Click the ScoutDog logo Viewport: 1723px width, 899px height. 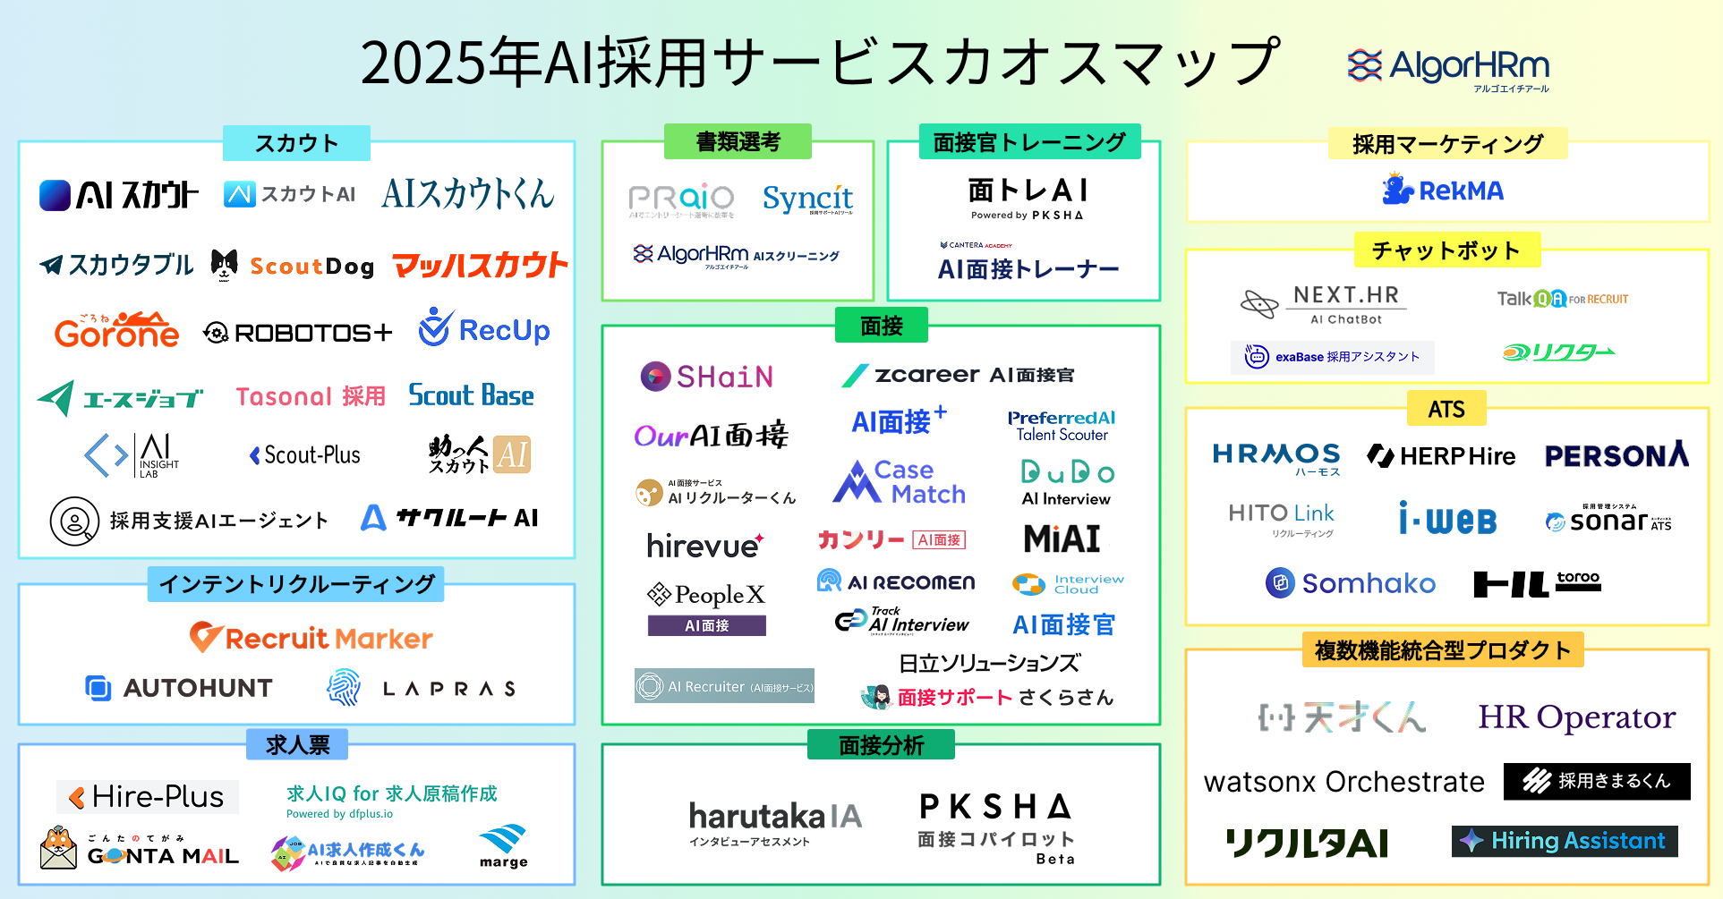click(x=294, y=266)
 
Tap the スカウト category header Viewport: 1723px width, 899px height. click(x=296, y=143)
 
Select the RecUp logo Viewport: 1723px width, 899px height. click(x=484, y=329)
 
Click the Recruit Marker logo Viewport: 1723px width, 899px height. click(x=311, y=638)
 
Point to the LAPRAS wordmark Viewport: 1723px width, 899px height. click(x=422, y=688)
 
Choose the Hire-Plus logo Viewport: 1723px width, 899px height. click(x=148, y=796)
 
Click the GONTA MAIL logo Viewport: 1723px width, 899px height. click(x=140, y=848)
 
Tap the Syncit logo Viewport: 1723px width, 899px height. click(x=807, y=199)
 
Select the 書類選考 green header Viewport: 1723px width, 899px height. click(x=738, y=141)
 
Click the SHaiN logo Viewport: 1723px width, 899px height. click(x=707, y=377)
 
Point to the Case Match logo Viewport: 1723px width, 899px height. click(x=899, y=482)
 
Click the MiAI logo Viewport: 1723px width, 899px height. click(x=1062, y=539)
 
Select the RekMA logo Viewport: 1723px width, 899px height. click(x=1443, y=190)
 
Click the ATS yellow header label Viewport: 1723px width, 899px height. click(x=1446, y=409)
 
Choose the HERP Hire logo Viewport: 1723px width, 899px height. click(x=1441, y=456)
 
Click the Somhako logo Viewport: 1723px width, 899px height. click(x=1351, y=583)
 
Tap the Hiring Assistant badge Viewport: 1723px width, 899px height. click(x=1565, y=841)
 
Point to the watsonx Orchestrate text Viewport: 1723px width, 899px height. click(x=1343, y=782)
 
